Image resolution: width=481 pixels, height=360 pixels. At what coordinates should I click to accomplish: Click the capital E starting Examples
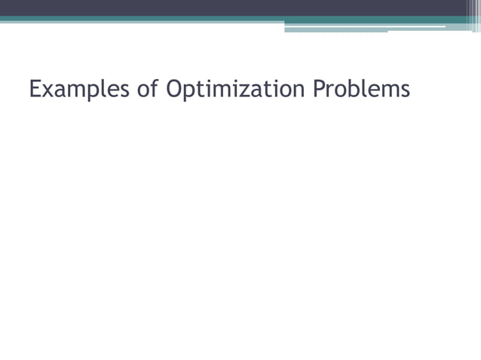(x=35, y=90)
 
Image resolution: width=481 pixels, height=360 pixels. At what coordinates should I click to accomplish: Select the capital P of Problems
(x=320, y=90)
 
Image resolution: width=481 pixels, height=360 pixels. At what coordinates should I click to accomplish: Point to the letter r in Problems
(x=332, y=91)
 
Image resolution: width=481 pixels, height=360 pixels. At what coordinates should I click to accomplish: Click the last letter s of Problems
(x=405, y=91)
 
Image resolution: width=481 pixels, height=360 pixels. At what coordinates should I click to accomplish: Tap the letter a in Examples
(x=60, y=91)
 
